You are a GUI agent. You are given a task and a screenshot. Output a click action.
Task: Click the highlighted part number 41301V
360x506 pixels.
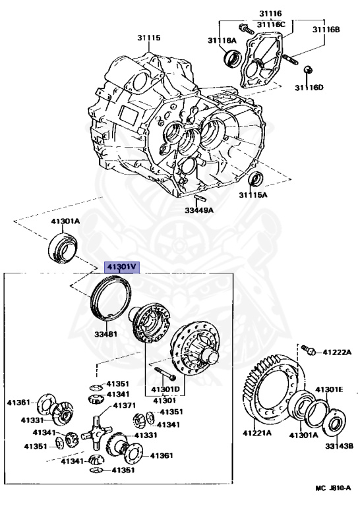[122, 267]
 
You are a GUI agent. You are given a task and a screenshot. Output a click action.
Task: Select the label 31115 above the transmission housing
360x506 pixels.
[149, 38]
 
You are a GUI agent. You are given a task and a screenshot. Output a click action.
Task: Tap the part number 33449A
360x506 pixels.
[199, 210]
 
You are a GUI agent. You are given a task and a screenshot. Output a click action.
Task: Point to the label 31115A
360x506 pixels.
[253, 195]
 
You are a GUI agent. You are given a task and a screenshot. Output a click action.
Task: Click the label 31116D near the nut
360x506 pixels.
[309, 88]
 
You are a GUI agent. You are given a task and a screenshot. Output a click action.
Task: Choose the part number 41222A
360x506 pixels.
[337, 352]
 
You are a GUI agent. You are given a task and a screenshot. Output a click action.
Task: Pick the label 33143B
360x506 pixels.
[339, 446]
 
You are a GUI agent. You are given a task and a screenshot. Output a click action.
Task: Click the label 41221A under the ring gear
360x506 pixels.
[257, 433]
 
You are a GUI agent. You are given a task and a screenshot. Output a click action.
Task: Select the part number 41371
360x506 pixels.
[124, 405]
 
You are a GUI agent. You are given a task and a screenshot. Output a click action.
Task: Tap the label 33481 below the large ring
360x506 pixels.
[105, 334]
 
